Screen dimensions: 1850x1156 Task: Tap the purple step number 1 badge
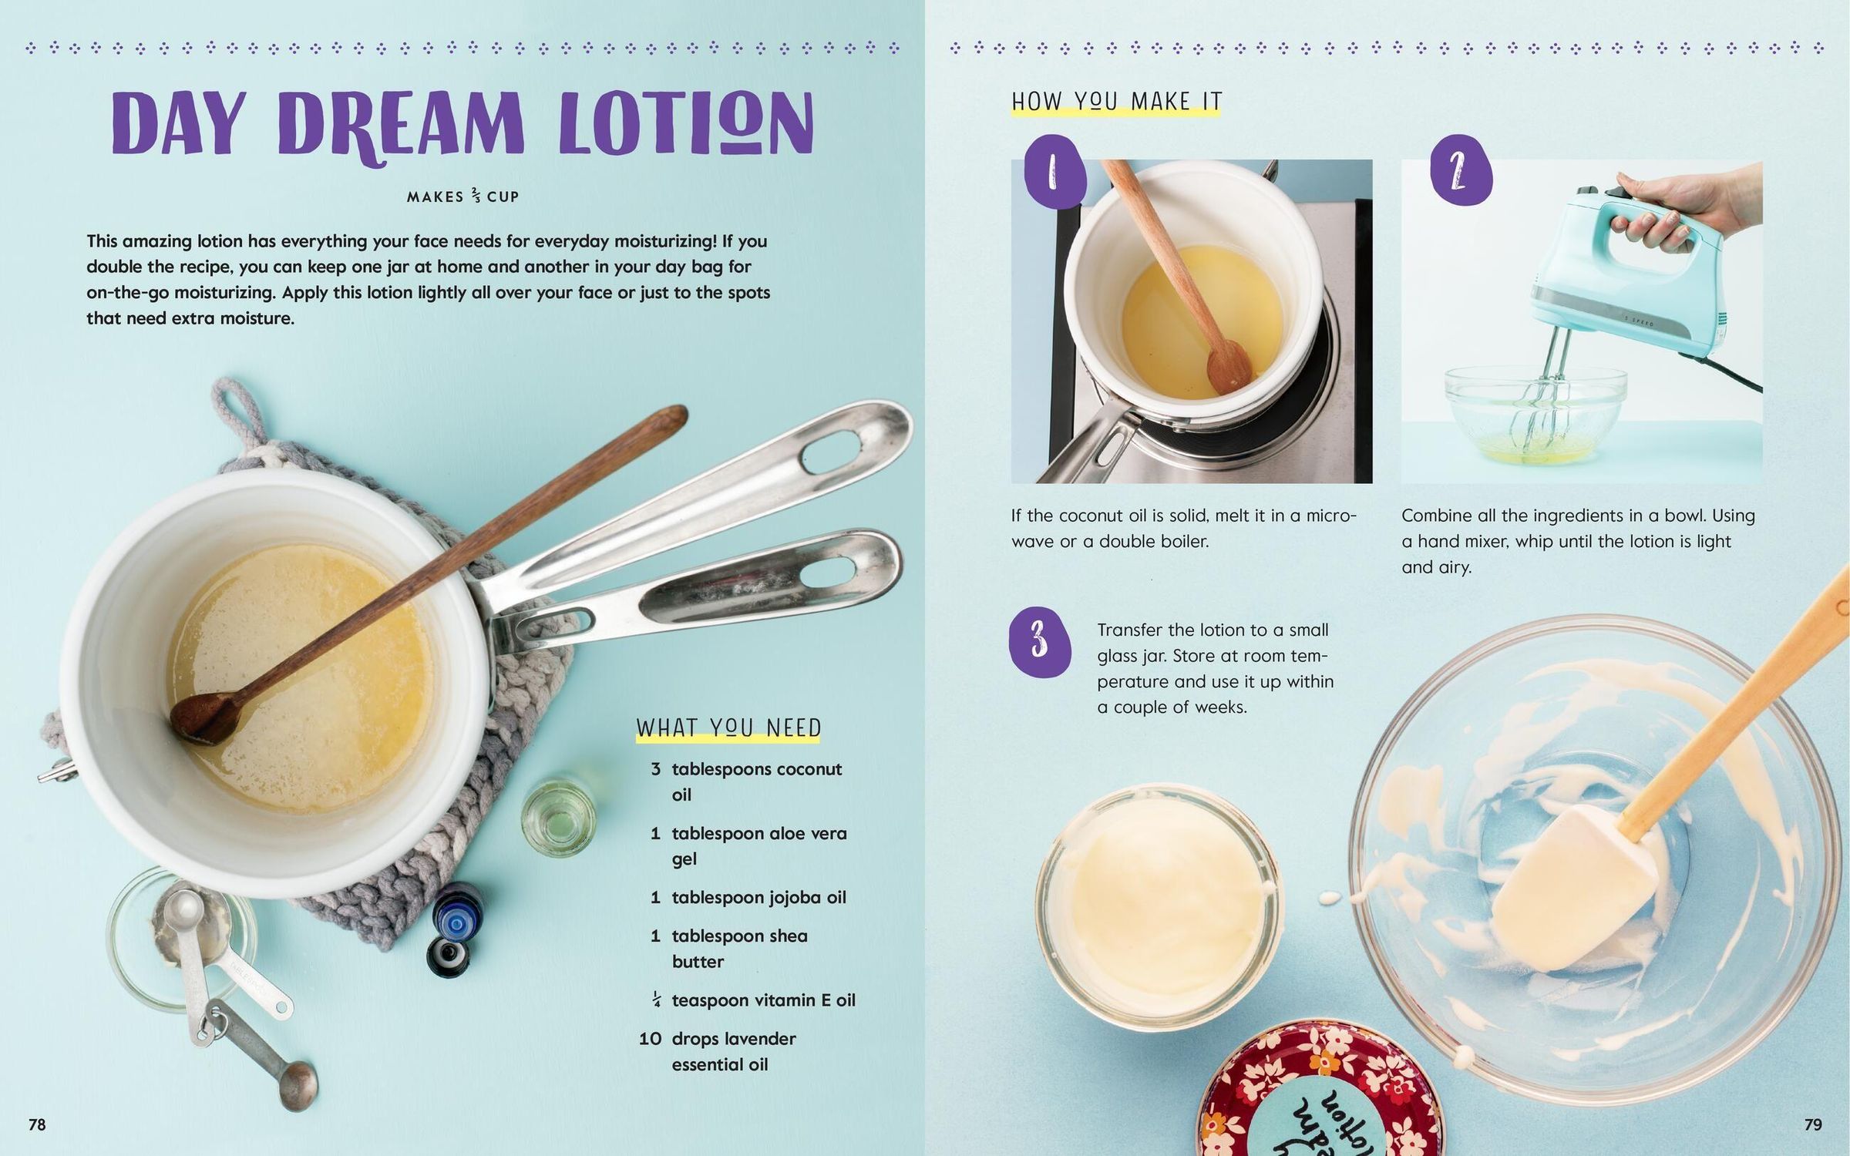(x=1054, y=172)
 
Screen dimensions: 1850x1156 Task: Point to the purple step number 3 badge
(x=1040, y=641)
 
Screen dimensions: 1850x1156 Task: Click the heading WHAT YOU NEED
(x=728, y=728)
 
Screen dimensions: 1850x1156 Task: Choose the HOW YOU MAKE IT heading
(x=1116, y=102)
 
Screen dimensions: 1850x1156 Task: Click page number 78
(x=37, y=1124)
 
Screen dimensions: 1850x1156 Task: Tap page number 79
(x=1813, y=1124)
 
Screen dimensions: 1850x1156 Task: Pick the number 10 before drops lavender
(x=650, y=1039)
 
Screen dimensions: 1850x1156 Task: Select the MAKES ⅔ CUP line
(x=462, y=197)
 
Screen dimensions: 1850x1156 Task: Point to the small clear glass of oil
(x=559, y=819)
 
